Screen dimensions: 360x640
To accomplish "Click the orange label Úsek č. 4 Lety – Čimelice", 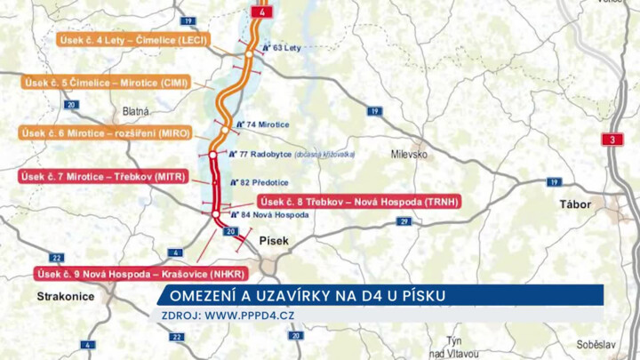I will coord(133,40).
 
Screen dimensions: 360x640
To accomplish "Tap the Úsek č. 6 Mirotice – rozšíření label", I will coord(106,132).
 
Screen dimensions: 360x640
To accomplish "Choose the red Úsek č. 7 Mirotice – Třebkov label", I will coord(103,176).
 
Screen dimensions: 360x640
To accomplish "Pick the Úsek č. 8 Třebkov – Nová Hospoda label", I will coord(358,201).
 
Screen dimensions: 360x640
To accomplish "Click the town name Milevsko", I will coord(409,154).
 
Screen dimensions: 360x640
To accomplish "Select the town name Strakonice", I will coord(66,297).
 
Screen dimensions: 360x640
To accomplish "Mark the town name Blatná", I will coord(136,112).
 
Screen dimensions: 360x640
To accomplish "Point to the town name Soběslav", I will coord(595,343).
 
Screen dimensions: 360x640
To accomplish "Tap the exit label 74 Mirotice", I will coord(268,124).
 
